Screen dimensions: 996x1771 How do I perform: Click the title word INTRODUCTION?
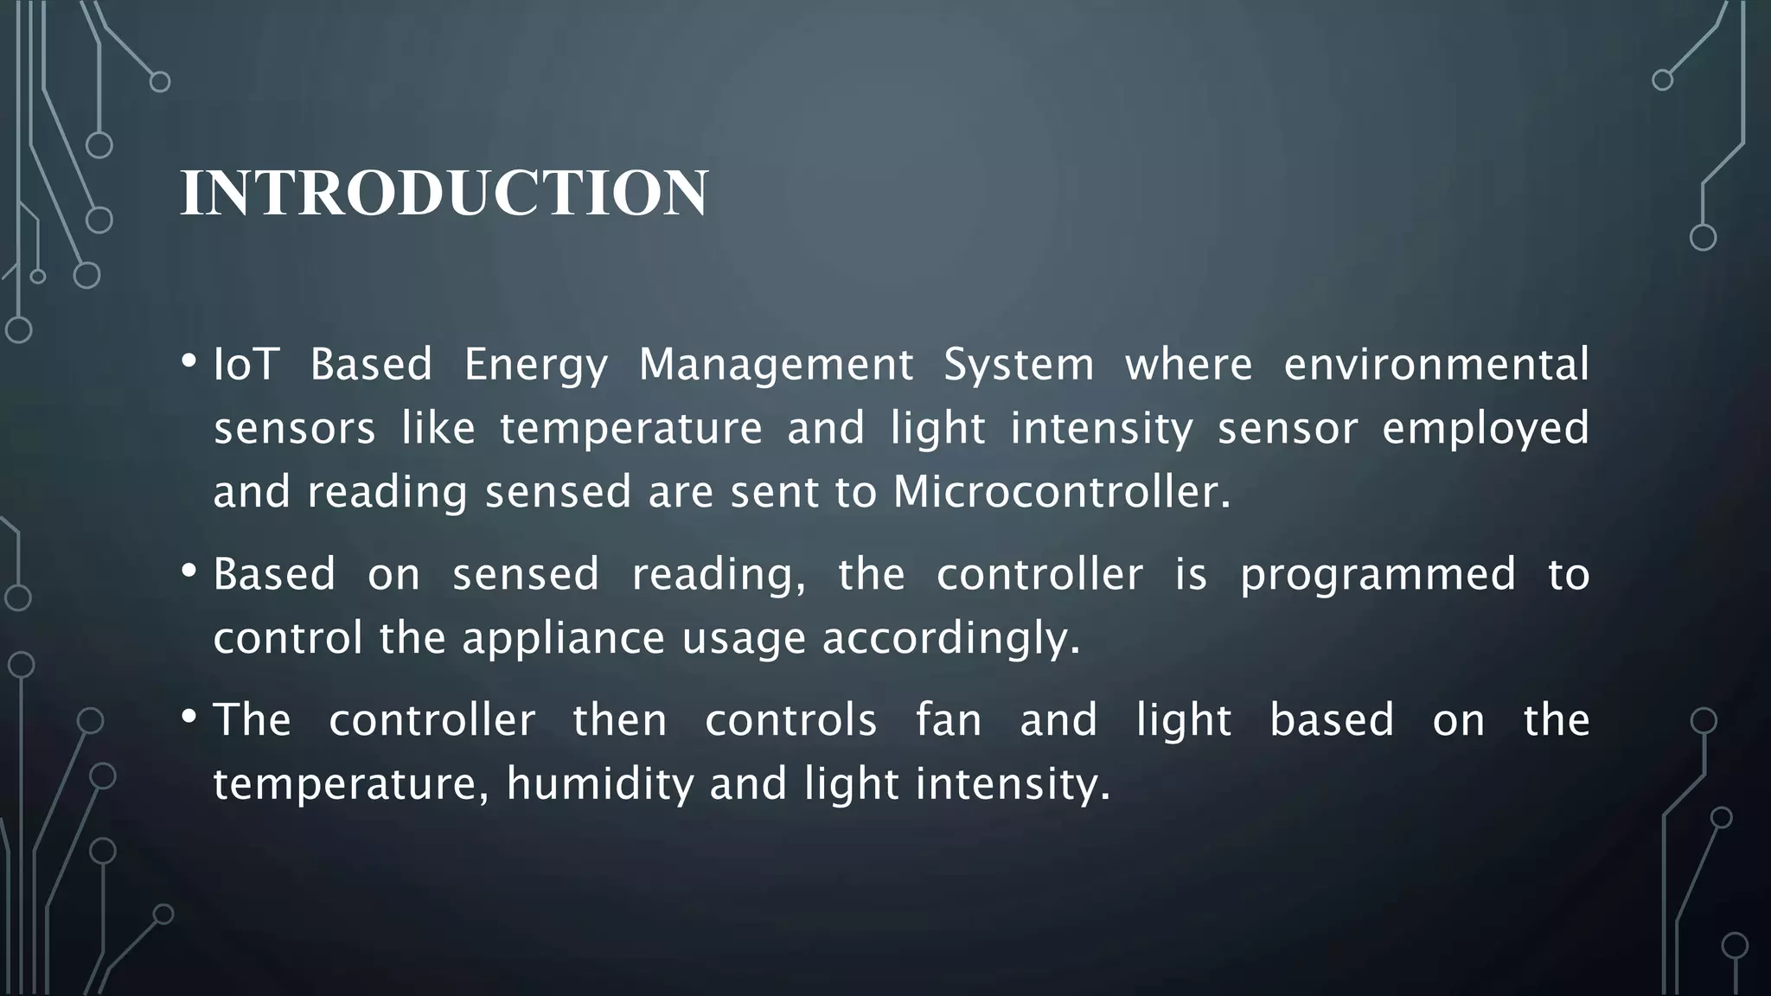click(444, 192)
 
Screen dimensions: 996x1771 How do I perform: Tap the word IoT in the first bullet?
click(245, 364)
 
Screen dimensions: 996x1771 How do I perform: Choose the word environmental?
click(1435, 364)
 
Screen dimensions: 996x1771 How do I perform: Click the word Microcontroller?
click(1061, 492)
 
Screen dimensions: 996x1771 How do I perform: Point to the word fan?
click(949, 720)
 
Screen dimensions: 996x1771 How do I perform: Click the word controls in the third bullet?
click(790, 720)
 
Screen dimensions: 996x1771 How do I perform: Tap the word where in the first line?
click(1188, 364)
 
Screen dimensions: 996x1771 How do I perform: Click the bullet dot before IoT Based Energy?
click(189, 361)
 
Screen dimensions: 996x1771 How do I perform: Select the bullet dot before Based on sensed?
click(189, 571)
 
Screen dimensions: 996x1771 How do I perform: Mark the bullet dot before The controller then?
click(189, 717)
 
